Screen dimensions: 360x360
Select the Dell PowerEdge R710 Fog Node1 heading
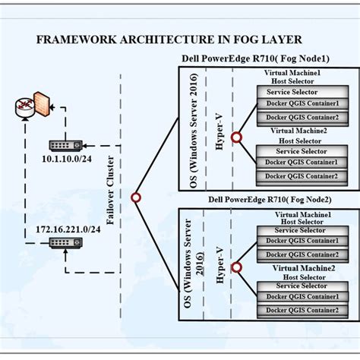(x=251, y=59)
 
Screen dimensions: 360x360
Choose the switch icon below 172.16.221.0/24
(x=58, y=245)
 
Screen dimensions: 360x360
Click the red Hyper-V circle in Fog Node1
(x=236, y=137)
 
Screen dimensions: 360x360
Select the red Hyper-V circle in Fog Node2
(x=236, y=268)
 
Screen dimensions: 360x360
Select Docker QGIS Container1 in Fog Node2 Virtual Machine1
(x=300, y=242)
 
